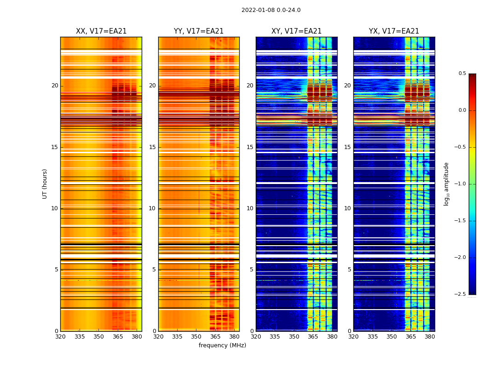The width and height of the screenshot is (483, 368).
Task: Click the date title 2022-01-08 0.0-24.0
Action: (x=271, y=10)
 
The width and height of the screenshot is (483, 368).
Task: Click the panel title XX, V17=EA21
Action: (x=101, y=31)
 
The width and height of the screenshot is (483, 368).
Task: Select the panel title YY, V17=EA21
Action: (x=199, y=31)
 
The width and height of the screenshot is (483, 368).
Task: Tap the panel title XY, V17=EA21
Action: (x=296, y=31)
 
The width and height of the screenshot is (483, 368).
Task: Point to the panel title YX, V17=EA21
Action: (x=394, y=31)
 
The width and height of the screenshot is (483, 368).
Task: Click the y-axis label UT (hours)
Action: (x=45, y=184)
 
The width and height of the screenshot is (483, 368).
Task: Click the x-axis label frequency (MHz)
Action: (x=222, y=345)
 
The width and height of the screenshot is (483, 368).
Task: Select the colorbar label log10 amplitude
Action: (x=446, y=184)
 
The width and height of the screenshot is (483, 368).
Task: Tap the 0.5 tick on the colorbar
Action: (x=462, y=74)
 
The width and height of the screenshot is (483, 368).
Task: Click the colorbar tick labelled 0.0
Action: (x=462, y=110)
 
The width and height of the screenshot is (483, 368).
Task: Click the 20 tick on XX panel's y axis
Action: (x=55, y=86)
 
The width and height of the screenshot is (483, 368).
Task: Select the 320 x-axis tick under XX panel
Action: (x=60, y=337)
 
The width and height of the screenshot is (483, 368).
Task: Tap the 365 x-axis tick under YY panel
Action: (x=215, y=337)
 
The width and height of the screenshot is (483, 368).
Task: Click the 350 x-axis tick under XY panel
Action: (x=294, y=337)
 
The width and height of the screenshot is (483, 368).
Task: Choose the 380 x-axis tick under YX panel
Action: (x=430, y=337)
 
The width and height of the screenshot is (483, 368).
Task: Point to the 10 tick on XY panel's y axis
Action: (x=250, y=208)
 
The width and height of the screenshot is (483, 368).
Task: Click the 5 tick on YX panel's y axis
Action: (x=350, y=270)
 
